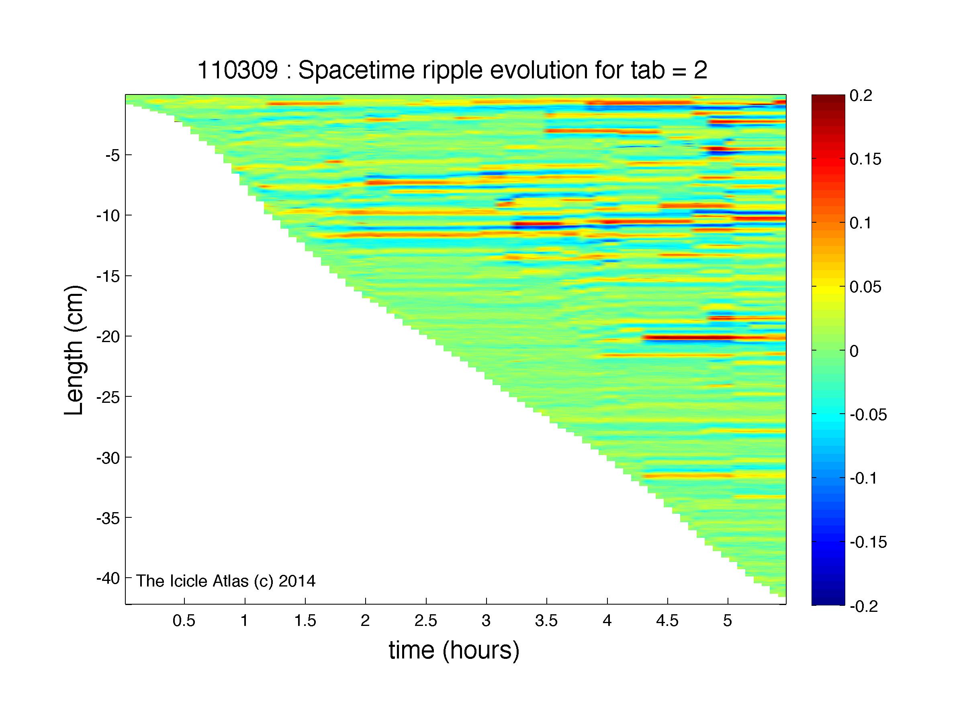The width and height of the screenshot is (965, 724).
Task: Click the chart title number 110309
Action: tap(237, 70)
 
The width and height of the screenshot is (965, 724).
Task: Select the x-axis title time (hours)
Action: tap(454, 651)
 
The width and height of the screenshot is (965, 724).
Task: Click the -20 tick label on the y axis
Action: tap(108, 336)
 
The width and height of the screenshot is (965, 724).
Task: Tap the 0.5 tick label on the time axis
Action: tap(184, 621)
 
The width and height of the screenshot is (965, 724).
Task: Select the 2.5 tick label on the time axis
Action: tap(426, 621)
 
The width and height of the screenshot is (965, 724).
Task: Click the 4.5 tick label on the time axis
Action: tap(667, 621)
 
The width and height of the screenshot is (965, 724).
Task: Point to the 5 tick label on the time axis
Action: tap(727, 621)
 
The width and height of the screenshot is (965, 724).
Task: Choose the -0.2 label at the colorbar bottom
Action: tap(864, 607)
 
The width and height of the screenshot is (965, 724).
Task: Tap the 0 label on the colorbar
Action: tap(854, 351)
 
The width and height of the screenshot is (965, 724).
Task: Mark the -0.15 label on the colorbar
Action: tap(869, 543)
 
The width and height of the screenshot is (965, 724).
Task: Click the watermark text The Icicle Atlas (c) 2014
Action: tap(225, 581)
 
